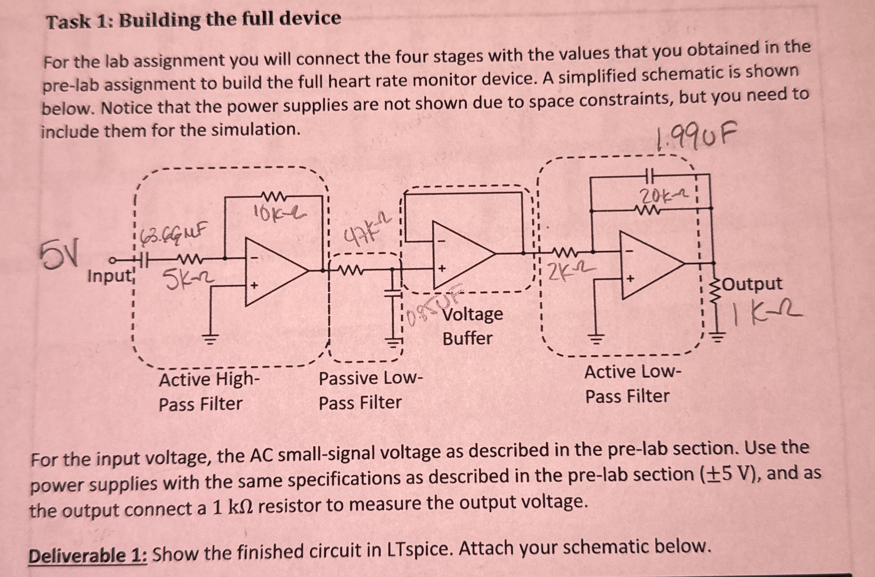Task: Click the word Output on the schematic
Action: [754, 284]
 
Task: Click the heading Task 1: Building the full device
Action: [194, 20]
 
